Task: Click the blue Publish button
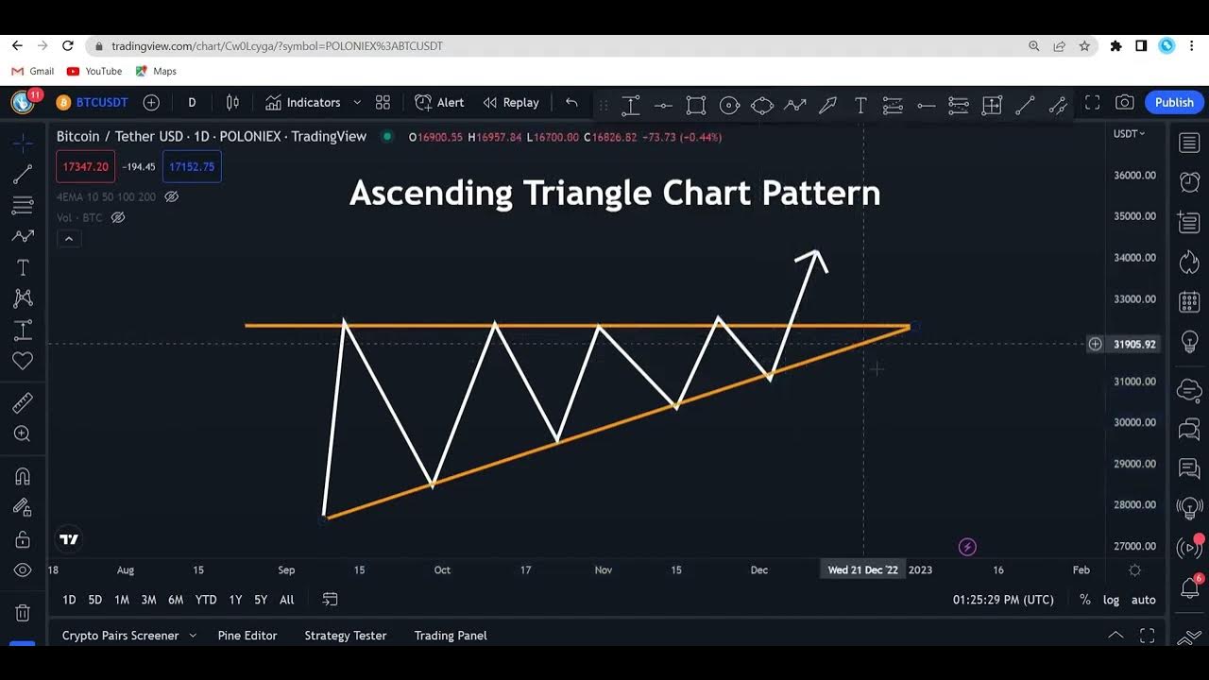coord(1174,102)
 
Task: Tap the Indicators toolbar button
coord(302,102)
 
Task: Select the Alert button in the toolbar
coord(440,102)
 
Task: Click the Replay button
coord(511,102)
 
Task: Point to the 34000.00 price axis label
coord(1134,258)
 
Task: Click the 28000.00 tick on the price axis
coord(1134,505)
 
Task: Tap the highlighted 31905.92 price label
coord(1134,345)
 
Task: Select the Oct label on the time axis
coord(442,570)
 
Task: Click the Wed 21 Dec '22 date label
coord(862,570)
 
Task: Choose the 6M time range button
coord(176,600)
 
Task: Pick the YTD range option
coord(206,600)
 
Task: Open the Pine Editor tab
coord(247,636)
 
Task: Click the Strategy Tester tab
coord(346,636)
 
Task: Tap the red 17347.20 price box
coord(85,167)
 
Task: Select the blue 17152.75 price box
coord(192,167)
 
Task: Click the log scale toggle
coord(1112,600)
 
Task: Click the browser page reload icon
coord(68,45)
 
